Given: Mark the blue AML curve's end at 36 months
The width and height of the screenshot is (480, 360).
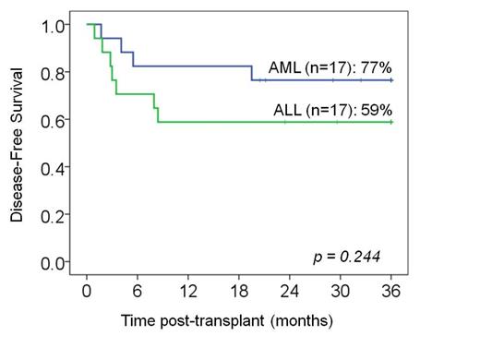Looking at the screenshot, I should click(x=391, y=80).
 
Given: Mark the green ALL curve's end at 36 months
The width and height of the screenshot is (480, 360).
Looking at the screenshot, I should click(x=391, y=122).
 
